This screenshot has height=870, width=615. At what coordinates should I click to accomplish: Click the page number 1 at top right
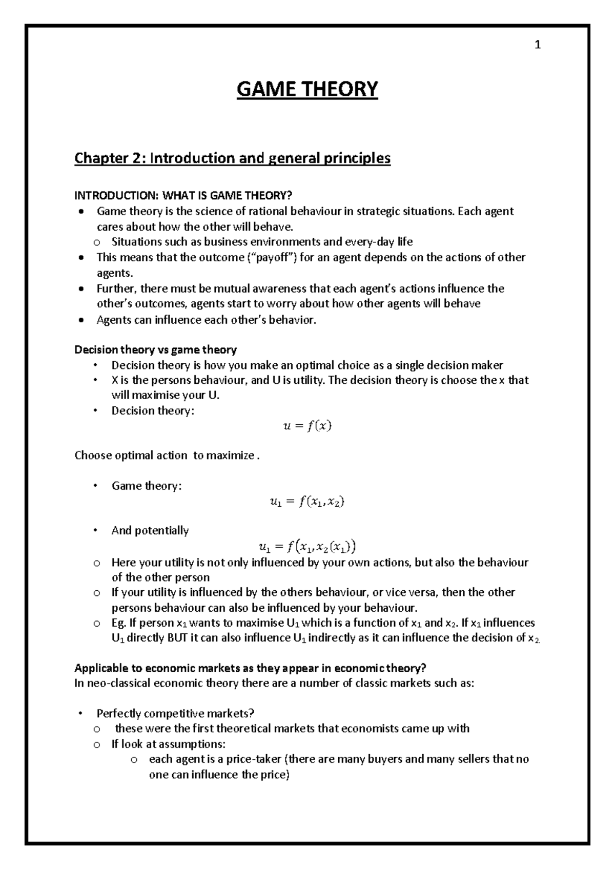point(538,46)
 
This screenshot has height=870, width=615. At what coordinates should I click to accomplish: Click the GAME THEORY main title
point(307,89)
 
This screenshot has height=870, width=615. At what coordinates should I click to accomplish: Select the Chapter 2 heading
point(232,158)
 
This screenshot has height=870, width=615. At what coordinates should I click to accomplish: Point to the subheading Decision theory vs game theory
point(155,349)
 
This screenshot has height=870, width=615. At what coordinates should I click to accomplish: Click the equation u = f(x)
point(307,426)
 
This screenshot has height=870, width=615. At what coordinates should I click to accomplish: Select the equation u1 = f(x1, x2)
point(307,502)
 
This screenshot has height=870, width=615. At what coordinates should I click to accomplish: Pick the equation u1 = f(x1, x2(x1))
point(307,547)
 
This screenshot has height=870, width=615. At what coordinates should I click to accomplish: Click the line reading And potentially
point(150,530)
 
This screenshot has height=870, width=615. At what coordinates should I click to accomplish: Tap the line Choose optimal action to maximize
point(167,455)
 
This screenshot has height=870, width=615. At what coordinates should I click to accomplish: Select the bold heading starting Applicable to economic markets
point(250,668)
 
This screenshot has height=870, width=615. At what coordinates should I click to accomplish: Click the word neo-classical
point(112,683)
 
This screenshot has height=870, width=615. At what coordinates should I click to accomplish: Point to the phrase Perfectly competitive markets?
point(175,713)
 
